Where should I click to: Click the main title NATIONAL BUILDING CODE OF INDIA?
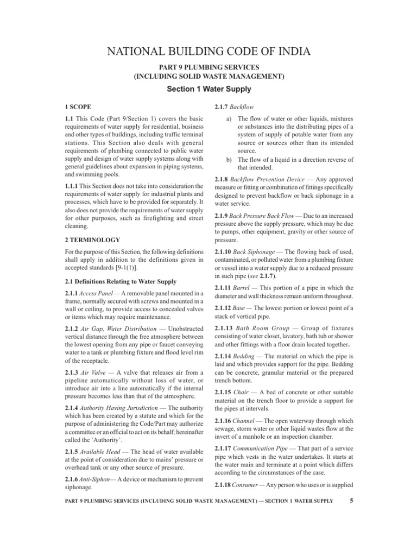point(208,52)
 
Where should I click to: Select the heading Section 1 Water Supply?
point(208,89)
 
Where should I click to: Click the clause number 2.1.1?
point(72,294)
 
